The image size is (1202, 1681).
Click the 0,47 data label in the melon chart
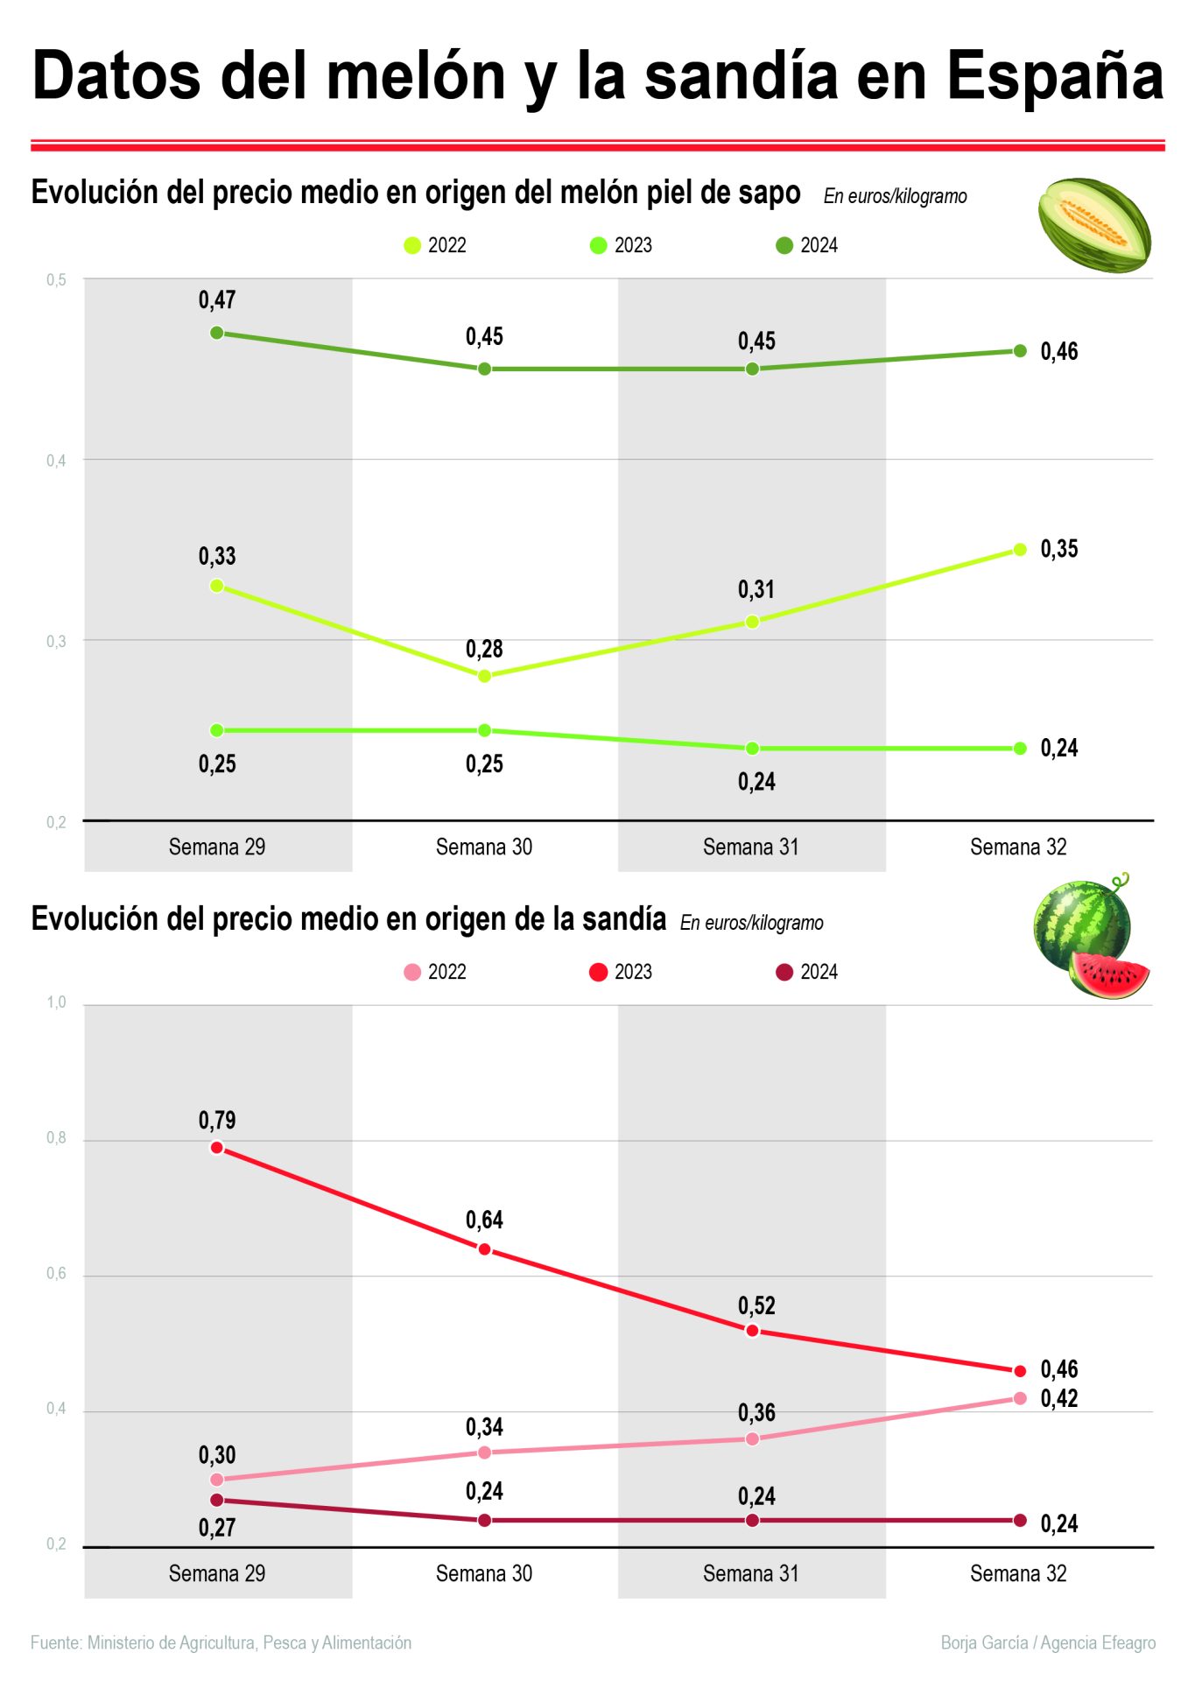[x=217, y=300]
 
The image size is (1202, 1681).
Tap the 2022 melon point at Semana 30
[x=484, y=676]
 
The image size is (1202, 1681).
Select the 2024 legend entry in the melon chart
[x=807, y=245]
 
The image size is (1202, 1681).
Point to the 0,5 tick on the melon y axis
[x=56, y=280]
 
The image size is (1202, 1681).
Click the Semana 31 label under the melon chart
[x=750, y=847]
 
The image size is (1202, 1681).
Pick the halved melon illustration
[x=1093, y=225]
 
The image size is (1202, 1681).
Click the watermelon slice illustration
[x=1109, y=974]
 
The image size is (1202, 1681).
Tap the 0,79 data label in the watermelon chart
[x=217, y=1120]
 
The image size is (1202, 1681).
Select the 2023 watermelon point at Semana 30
[x=484, y=1249]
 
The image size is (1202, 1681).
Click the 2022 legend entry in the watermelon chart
[x=435, y=972]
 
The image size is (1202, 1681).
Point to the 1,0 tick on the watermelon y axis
[x=56, y=1002]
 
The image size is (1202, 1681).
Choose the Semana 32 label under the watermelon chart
[x=1018, y=1573]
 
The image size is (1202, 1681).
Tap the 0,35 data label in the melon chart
[x=1059, y=549]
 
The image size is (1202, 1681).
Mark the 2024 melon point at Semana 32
[x=1020, y=351]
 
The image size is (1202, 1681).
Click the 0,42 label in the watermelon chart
[x=1059, y=1398]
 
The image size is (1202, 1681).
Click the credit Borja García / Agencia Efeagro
[x=1048, y=1642]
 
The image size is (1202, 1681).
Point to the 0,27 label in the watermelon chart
[x=217, y=1528]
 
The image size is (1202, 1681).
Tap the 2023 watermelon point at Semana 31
[x=752, y=1331]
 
